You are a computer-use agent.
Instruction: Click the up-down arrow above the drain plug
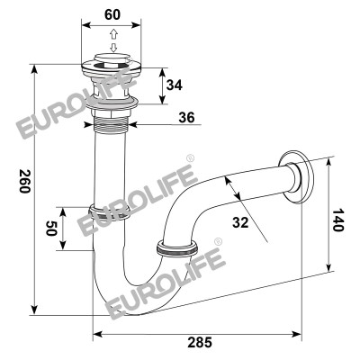tap(112, 43)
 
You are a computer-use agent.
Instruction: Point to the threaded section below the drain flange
tap(112, 121)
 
